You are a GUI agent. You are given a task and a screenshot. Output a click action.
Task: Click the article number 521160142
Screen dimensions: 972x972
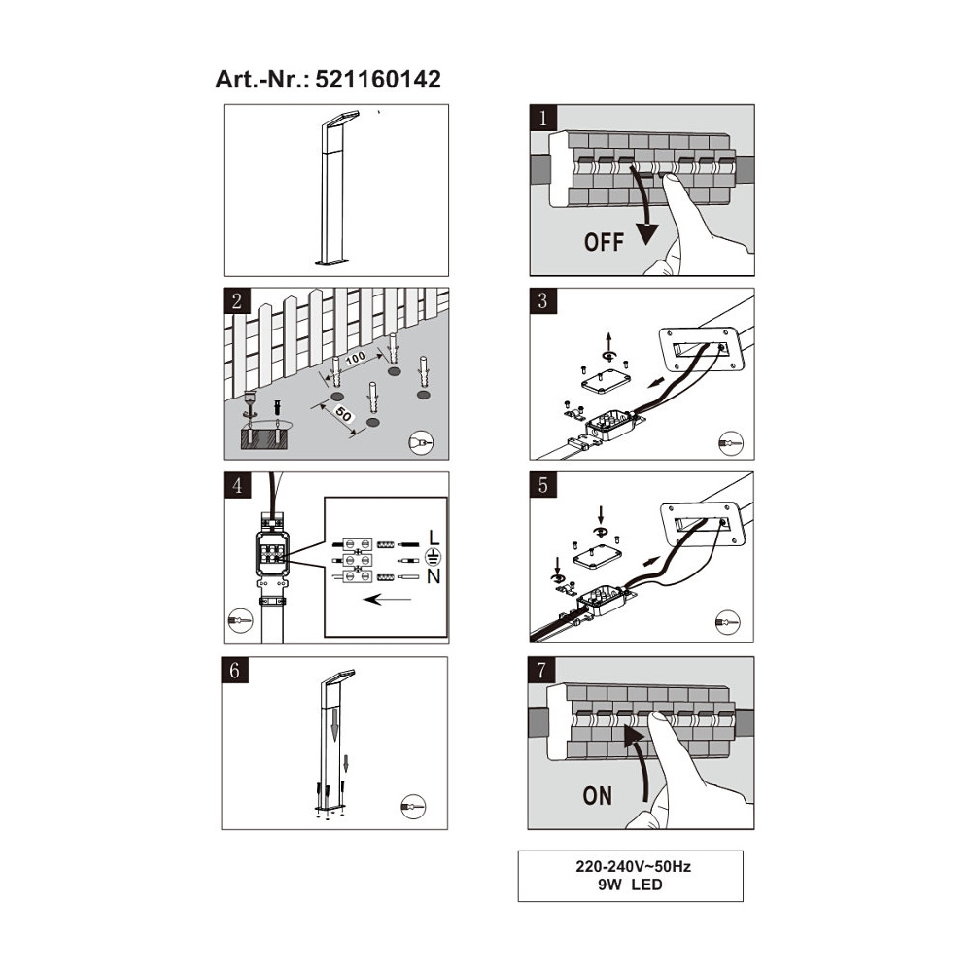tap(378, 80)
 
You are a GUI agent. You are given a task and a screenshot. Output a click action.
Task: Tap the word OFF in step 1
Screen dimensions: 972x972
tap(604, 242)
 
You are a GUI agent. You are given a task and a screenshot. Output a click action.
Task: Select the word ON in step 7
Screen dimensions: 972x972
tap(598, 796)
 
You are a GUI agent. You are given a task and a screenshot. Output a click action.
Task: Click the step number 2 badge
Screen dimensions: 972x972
tap(237, 301)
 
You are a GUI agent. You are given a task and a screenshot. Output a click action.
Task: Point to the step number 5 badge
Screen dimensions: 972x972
tap(543, 485)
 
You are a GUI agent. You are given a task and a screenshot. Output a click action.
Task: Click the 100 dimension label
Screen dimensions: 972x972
tap(355, 359)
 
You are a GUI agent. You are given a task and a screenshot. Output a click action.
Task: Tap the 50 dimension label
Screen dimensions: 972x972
tap(343, 413)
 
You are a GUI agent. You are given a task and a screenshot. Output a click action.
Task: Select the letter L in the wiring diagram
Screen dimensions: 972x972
tap(434, 538)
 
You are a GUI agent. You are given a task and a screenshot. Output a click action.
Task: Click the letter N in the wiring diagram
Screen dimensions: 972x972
tap(434, 576)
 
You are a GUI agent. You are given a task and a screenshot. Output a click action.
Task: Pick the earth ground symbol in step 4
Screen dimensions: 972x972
tap(434, 557)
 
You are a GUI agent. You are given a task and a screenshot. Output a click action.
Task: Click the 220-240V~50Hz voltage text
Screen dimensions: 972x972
tap(633, 867)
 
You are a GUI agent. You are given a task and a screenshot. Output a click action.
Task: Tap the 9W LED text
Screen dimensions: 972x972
tap(631, 885)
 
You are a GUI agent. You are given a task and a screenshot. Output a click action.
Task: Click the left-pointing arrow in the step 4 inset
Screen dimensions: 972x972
tap(387, 600)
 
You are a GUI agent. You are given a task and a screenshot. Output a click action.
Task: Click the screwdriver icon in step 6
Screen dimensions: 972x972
tap(413, 807)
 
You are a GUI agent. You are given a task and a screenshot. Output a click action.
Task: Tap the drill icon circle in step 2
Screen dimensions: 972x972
tap(421, 442)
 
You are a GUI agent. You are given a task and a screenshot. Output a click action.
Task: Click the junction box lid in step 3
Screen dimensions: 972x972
tap(607, 381)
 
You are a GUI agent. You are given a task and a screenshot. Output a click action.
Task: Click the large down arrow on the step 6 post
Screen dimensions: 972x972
tap(334, 725)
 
